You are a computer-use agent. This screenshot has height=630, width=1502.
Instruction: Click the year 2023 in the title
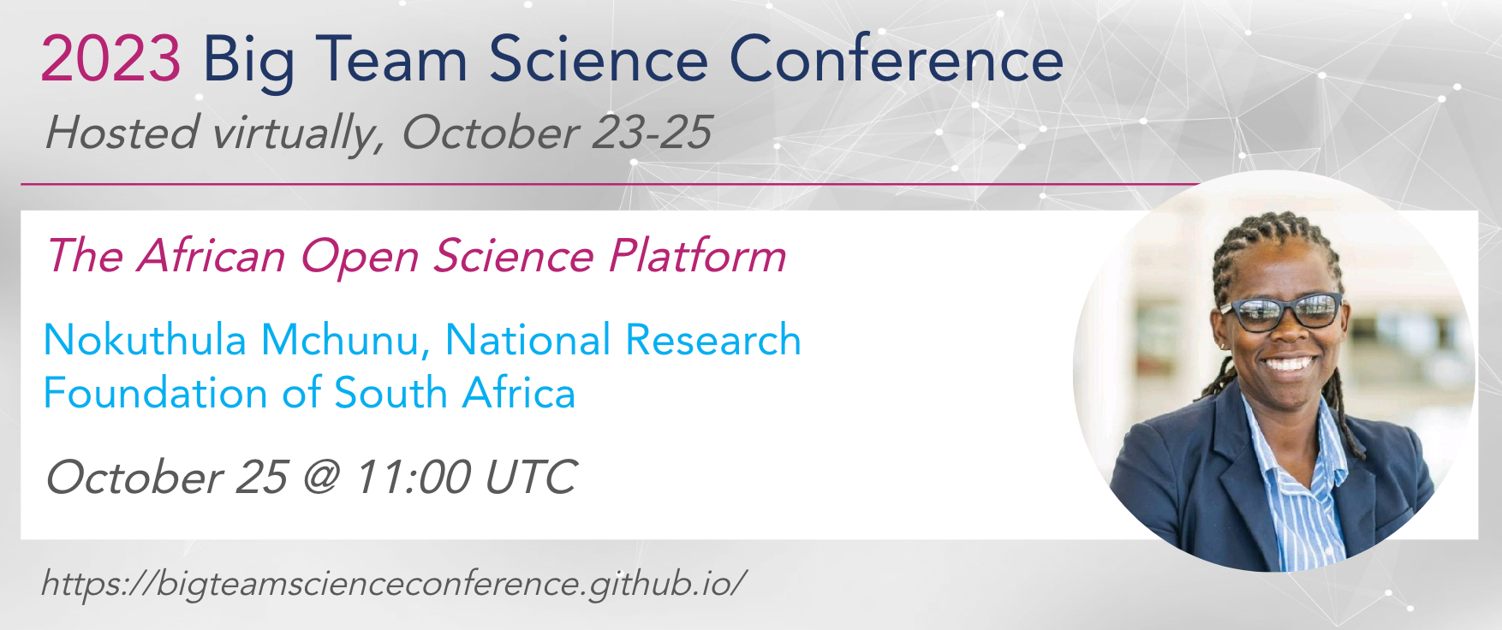(110, 59)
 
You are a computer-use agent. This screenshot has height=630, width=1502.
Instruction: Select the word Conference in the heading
(897, 59)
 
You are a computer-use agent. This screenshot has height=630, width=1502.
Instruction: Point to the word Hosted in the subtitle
(122, 132)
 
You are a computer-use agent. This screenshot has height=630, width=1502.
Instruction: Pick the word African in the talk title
(211, 256)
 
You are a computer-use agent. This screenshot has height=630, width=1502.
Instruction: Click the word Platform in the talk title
(697, 256)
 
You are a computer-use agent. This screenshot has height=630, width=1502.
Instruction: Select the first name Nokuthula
(145, 340)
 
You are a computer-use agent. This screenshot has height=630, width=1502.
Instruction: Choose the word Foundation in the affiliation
(156, 393)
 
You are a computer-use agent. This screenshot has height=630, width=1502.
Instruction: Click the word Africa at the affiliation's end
(519, 393)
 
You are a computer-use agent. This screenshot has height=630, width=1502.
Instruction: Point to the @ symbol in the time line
(321, 478)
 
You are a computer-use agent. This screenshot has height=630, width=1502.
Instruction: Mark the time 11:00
(413, 477)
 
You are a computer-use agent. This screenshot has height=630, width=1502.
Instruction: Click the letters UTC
(531, 477)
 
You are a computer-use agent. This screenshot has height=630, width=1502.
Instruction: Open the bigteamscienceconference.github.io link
(394, 584)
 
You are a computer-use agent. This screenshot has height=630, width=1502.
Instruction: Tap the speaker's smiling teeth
(1288, 363)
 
